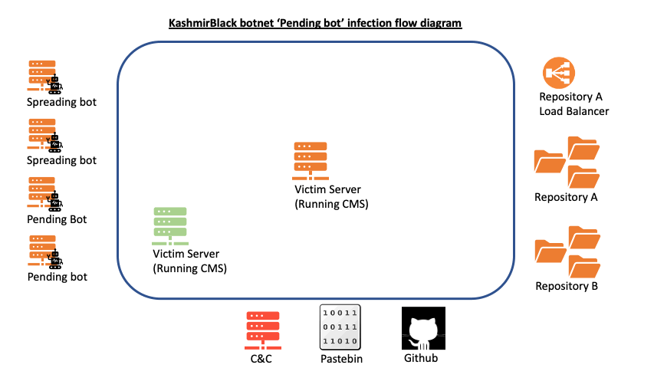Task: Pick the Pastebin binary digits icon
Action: [x=340, y=327]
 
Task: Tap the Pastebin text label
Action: [x=340, y=358]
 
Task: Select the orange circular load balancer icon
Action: [x=559, y=74]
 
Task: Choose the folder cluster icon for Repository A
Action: [x=567, y=162]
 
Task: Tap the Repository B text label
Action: [x=567, y=287]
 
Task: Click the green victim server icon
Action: [x=170, y=225]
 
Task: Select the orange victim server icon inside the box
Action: [x=311, y=159]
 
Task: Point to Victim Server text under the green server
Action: [x=186, y=255]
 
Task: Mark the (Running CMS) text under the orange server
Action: [x=331, y=204]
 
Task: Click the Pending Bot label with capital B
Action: [x=57, y=219]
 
